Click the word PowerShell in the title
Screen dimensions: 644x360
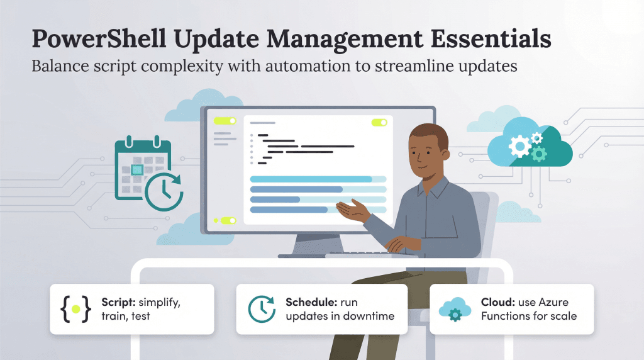click(99, 38)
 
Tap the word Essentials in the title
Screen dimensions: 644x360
click(491, 38)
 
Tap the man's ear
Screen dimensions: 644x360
click(444, 155)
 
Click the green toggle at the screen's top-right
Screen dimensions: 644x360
click(379, 123)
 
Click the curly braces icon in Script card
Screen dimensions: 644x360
click(75, 309)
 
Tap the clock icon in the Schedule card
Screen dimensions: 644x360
click(262, 309)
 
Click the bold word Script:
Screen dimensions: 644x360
click(118, 303)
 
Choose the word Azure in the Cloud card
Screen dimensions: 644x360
click(553, 303)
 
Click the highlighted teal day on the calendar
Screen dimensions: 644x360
click(137, 169)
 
